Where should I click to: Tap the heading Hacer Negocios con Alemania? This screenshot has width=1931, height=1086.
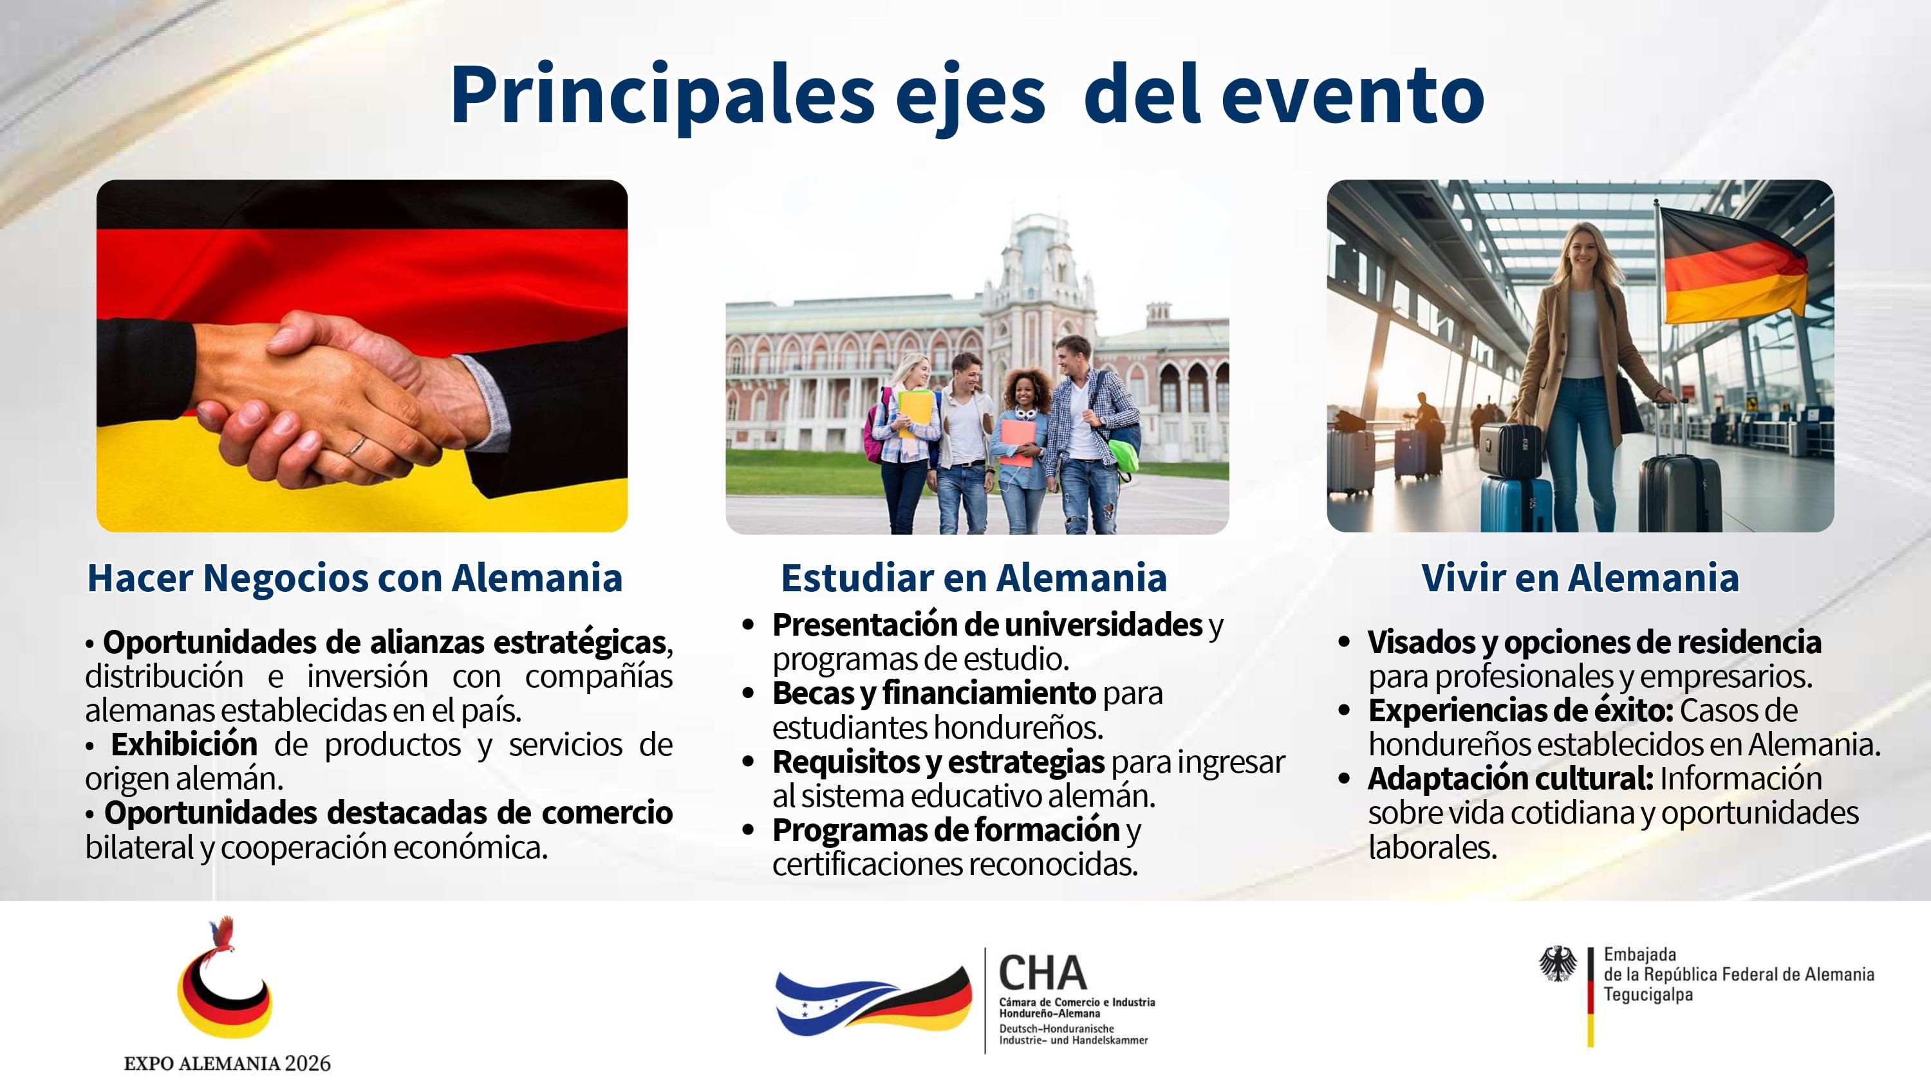tap(355, 578)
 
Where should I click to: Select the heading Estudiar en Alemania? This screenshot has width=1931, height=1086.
tap(974, 578)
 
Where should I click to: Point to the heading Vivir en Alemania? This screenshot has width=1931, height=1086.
tap(1580, 578)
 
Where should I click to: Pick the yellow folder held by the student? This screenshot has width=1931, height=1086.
tap(915, 412)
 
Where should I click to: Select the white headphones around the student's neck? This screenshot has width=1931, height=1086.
tap(1025, 412)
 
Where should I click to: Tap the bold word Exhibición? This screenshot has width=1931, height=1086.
tap(183, 744)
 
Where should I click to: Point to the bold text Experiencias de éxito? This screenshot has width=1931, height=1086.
tap(1521, 710)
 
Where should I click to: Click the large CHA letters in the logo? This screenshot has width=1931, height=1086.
tap(1043, 973)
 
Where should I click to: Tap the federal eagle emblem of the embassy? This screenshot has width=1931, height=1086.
tap(1558, 964)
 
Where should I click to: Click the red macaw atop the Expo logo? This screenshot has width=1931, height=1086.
tap(223, 935)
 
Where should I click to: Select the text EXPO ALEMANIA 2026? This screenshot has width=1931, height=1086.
tap(227, 1063)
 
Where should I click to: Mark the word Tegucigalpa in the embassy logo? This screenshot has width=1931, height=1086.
tap(1648, 995)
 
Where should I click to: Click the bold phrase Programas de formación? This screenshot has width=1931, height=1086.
tap(946, 831)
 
